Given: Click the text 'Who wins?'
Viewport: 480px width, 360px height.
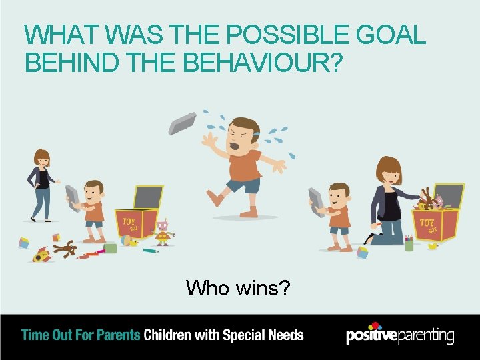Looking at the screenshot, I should (237, 288).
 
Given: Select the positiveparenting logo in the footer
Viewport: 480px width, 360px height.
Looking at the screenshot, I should (399, 335).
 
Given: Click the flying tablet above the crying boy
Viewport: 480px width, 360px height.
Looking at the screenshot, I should (182, 123).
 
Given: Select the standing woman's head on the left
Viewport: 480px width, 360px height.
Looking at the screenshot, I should (42, 159).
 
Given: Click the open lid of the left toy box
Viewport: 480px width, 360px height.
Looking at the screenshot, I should (147, 197).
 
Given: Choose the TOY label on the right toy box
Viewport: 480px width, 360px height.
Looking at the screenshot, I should (427, 221).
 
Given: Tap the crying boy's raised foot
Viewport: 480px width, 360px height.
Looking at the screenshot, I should (214, 197).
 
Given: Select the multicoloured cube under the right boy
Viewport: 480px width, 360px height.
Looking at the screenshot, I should (362, 252).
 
